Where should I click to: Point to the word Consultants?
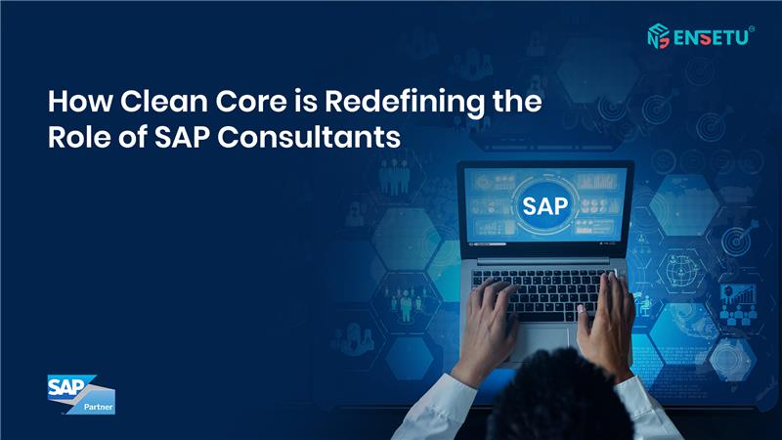309,137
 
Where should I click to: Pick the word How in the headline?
80,102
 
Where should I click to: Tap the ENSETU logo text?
712,38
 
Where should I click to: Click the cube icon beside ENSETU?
658,36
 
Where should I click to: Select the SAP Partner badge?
81,395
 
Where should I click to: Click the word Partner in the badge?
99,407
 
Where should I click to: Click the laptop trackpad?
543,340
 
